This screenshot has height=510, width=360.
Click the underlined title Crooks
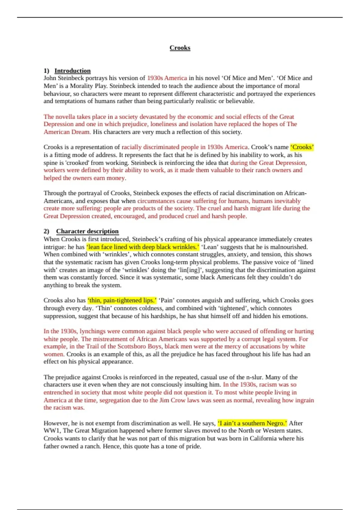click(180, 48)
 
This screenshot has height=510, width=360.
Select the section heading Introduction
click(72, 71)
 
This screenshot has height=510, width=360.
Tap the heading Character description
click(87, 231)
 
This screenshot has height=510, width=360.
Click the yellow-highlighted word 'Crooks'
click(302, 147)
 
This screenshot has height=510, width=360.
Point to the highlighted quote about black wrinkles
click(143, 247)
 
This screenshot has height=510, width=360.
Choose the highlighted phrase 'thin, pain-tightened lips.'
click(122, 300)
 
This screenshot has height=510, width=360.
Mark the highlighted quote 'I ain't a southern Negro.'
click(252, 423)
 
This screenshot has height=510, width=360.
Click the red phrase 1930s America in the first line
click(167, 78)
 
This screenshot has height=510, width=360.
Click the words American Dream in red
click(67, 132)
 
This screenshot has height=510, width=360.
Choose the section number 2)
click(46, 231)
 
